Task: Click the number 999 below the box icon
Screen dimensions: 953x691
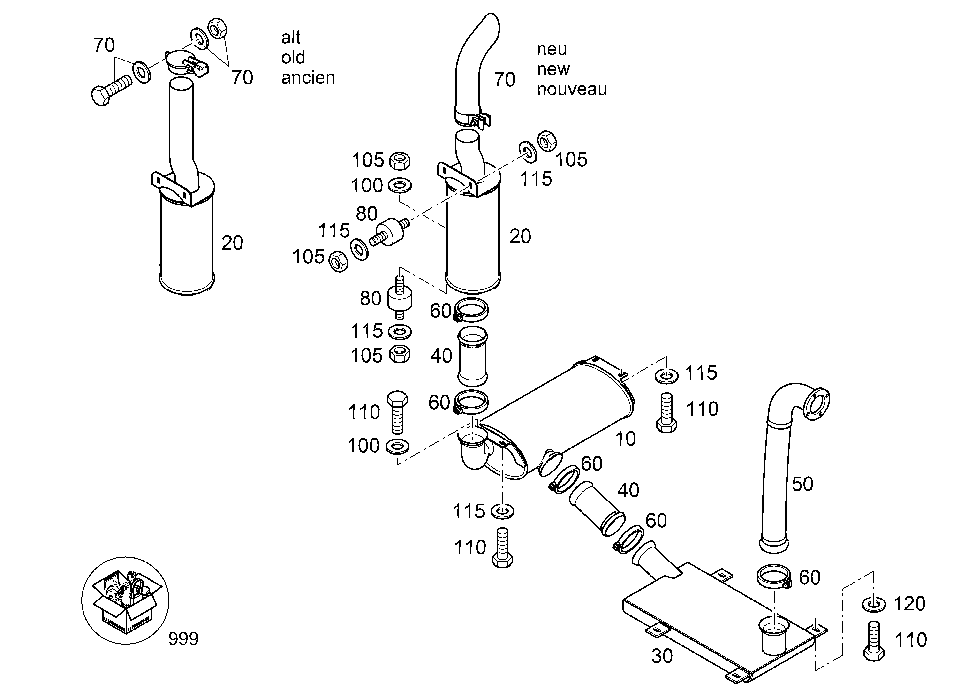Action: pyautogui.click(x=183, y=639)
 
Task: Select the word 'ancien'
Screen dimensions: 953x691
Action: pyautogui.click(x=308, y=78)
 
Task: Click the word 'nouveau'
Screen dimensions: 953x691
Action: pyautogui.click(x=572, y=89)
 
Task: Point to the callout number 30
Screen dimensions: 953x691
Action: pyautogui.click(x=662, y=656)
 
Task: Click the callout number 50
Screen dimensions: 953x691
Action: pyautogui.click(x=802, y=484)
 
